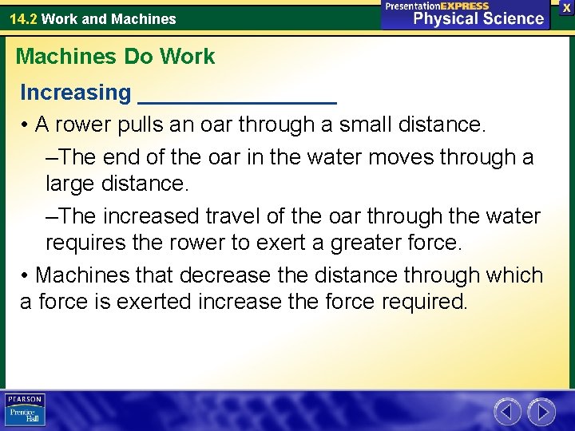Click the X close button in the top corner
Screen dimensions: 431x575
pos(565,6)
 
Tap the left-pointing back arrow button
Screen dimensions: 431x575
pos(507,412)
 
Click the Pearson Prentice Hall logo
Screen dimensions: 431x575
pos(26,409)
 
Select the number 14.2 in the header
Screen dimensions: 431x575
pos(23,18)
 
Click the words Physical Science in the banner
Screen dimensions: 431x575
pos(478,19)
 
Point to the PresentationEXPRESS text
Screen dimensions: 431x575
pos(437,6)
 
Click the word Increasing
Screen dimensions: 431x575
pos(75,93)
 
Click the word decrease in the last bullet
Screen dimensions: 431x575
pos(224,275)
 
